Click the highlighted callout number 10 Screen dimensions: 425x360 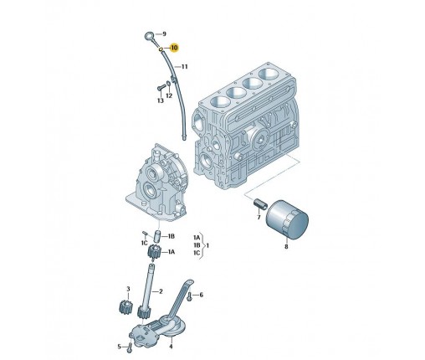pos(174,48)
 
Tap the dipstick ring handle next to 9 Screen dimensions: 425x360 pos(149,36)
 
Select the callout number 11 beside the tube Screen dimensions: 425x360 pos(184,67)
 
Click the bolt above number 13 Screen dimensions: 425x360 pos(160,88)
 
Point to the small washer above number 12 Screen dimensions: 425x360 pos(168,84)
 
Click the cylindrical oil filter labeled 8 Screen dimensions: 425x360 pos(287,219)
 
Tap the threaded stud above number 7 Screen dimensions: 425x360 pos(260,203)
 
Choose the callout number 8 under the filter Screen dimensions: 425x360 pos(286,246)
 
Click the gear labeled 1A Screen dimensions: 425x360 pos(153,251)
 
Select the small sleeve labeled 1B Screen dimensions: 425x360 pos(158,237)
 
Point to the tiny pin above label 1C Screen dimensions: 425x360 pos(145,233)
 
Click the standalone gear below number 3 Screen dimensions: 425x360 pos(125,307)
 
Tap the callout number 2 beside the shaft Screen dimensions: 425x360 pos(161,291)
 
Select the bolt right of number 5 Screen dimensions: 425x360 pos(129,347)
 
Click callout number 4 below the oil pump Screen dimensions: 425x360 pos(171,347)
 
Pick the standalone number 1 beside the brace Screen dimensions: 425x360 pos(207,245)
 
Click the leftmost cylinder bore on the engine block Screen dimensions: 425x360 pos(219,102)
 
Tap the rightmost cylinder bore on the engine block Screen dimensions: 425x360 pos(269,74)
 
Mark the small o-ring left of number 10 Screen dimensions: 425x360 pos(161,49)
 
